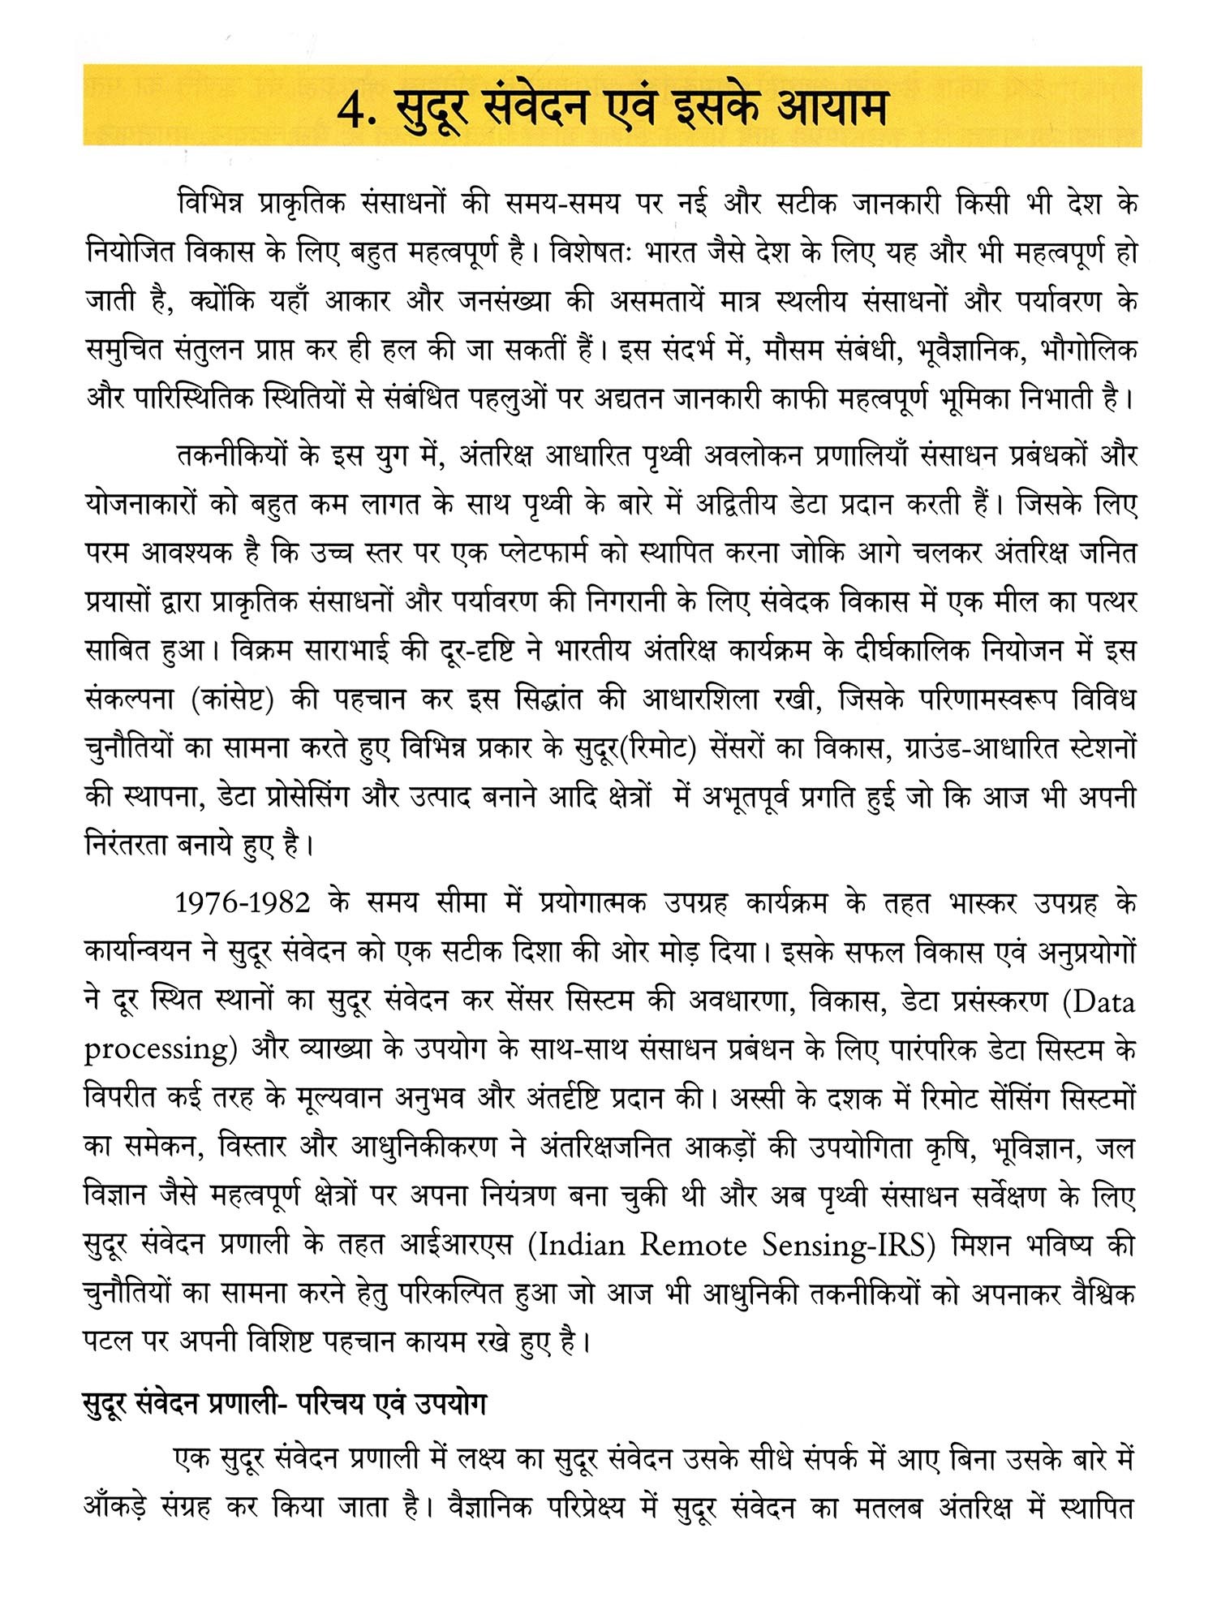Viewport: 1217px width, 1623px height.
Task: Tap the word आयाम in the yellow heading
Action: [x=831, y=108]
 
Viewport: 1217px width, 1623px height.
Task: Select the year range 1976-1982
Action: [x=243, y=902]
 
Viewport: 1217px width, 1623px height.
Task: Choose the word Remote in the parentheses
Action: [x=692, y=1244]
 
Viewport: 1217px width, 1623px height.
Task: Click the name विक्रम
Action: [x=264, y=651]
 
